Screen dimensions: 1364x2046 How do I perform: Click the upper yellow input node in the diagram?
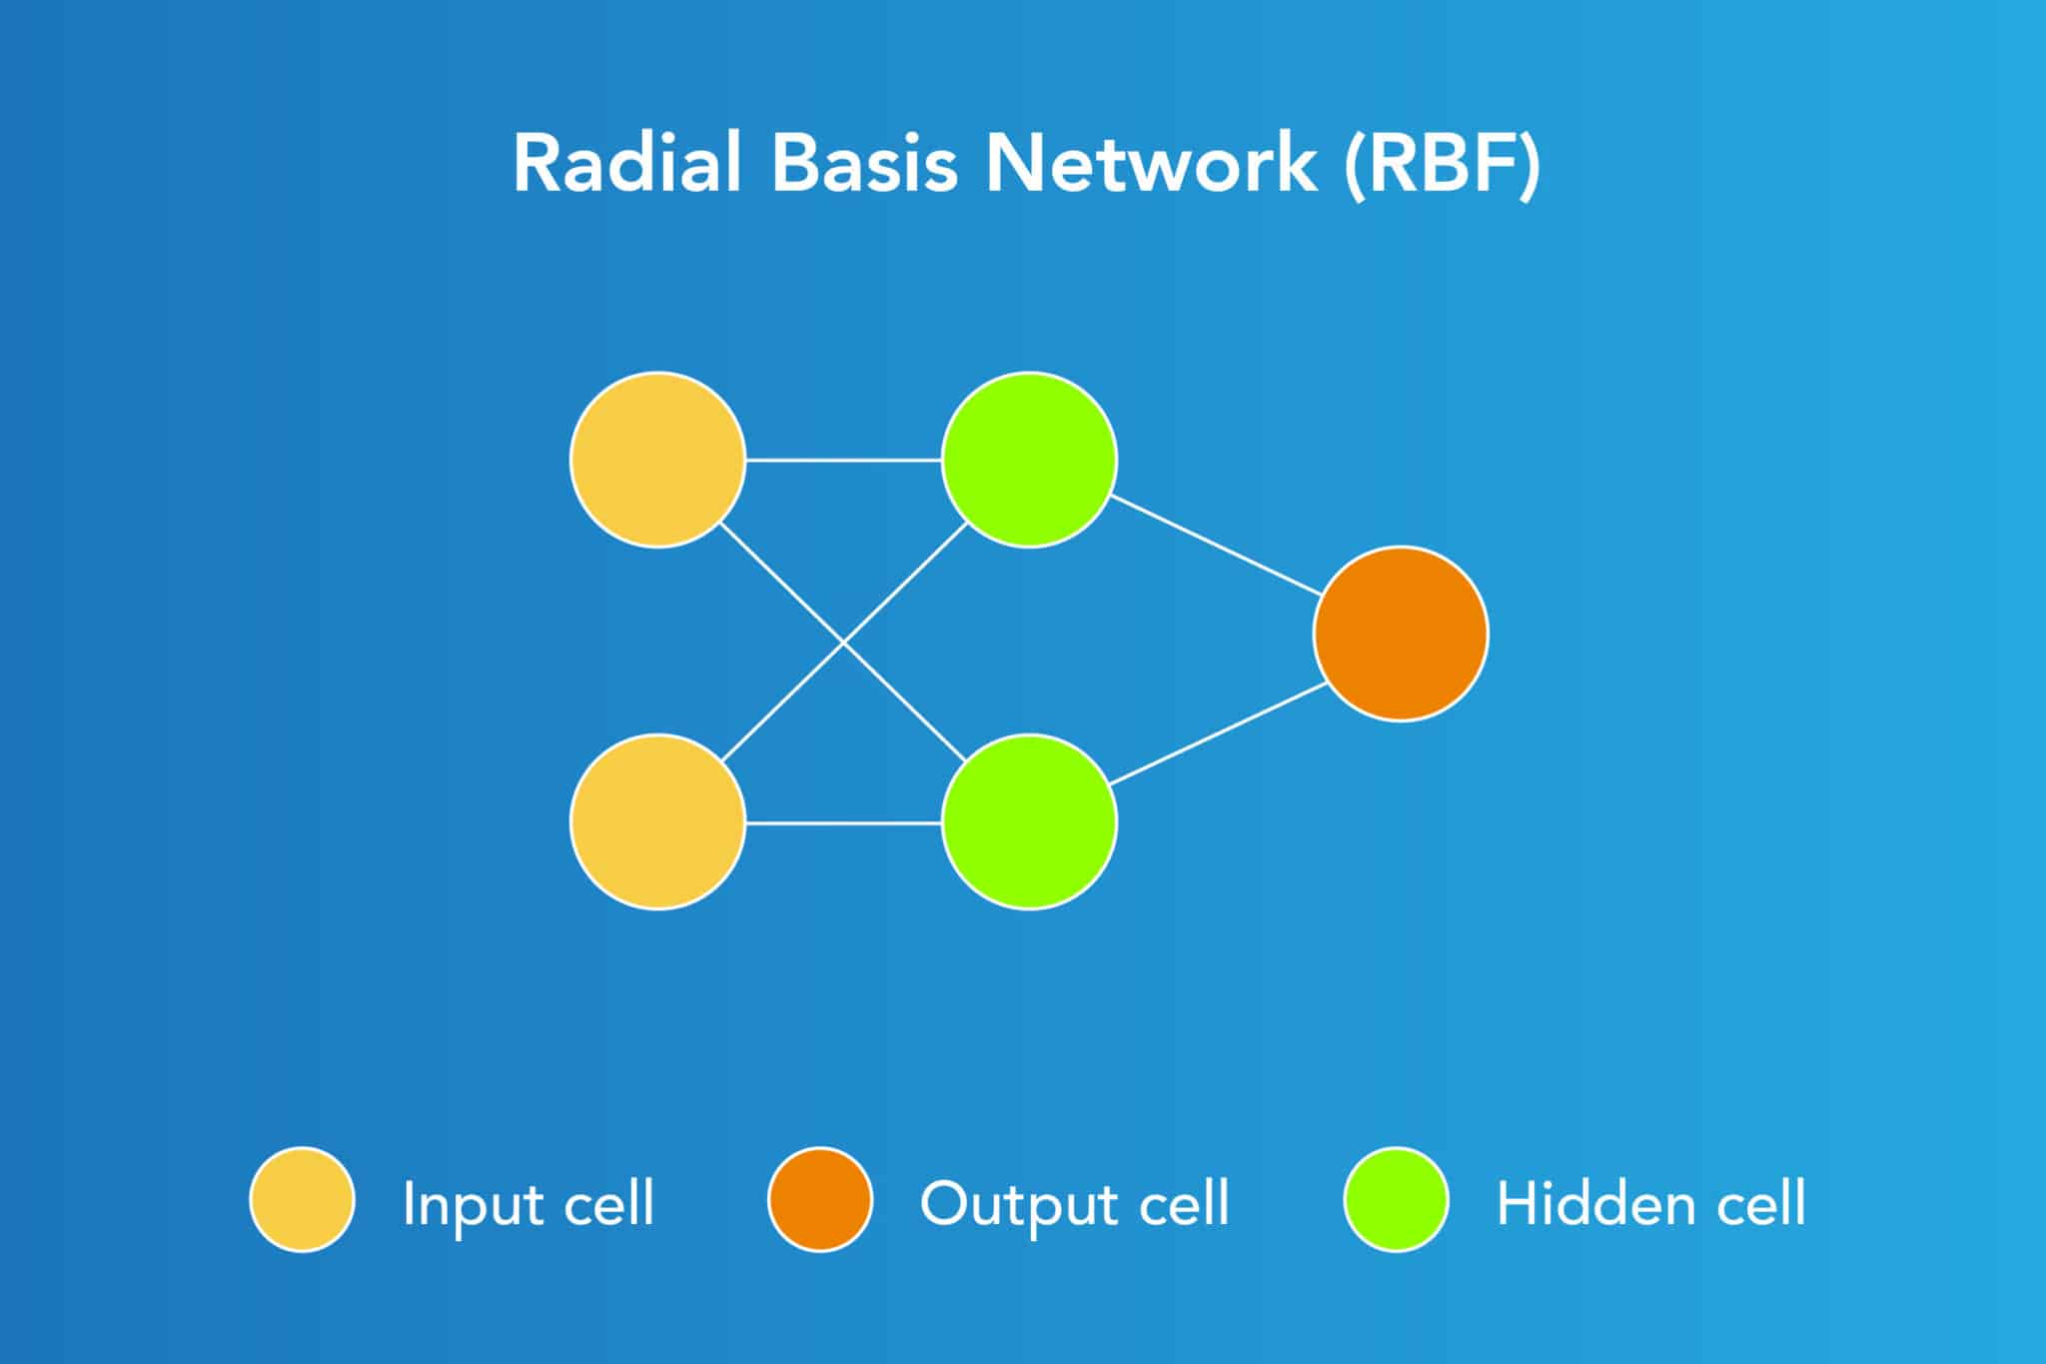[x=657, y=460]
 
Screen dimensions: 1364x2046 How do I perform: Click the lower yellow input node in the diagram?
[x=657, y=821]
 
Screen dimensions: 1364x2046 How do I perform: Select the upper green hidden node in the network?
[x=1029, y=460]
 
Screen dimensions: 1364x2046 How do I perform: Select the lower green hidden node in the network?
[x=1029, y=821]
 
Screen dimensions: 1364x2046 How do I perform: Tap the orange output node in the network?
[x=1401, y=634]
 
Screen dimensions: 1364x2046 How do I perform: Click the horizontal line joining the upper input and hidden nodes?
[x=844, y=460]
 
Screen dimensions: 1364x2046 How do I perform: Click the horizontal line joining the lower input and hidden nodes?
[x=844, y=822]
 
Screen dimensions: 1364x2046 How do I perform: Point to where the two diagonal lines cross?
[x=844, y=644]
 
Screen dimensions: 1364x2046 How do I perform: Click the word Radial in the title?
[x=627, y=163]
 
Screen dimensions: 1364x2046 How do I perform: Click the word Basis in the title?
[x=864, y=163]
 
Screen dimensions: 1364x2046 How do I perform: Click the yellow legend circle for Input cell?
[x=302, y=1199]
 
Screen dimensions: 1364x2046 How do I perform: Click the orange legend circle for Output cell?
[x=820, y=1199]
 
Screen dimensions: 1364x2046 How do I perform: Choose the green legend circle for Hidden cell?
[x=1396, y=1199]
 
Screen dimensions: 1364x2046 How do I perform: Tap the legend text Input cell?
[x=527, y=1203]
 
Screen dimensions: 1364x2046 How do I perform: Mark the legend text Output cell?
[x=1074, y=1203]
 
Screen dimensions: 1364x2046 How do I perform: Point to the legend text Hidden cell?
[x=1650, y=1203]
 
